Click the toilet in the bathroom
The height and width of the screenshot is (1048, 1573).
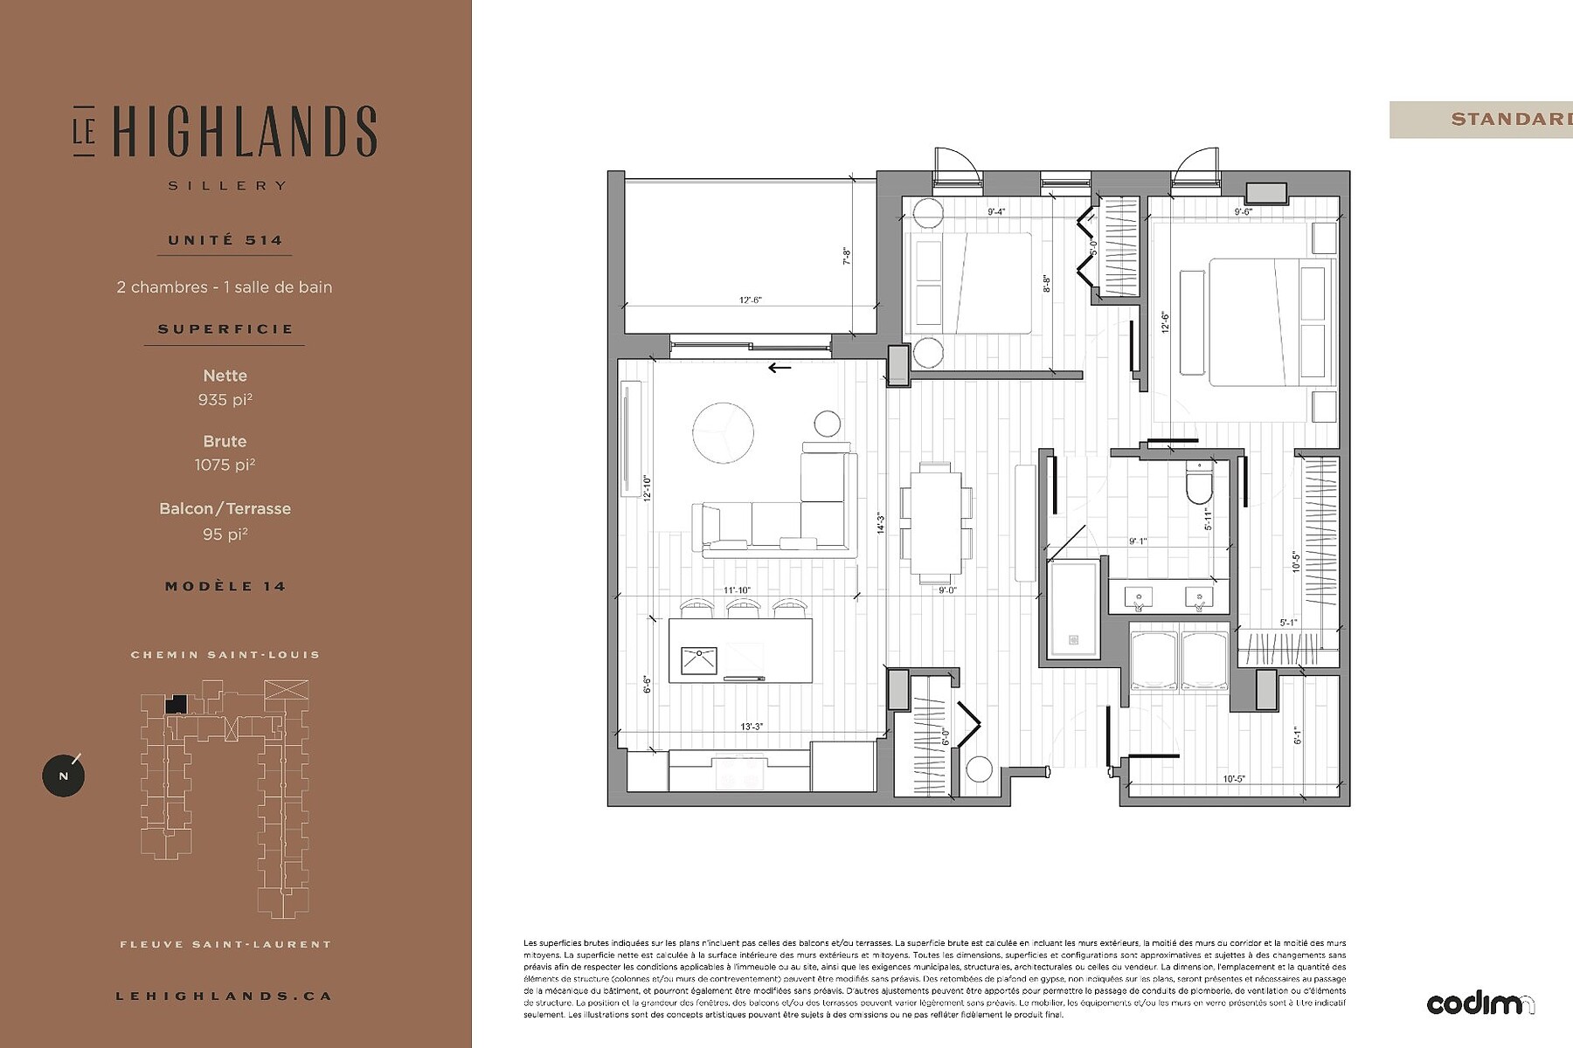coord(1199,484)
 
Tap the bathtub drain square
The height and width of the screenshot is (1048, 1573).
coord(1072,640)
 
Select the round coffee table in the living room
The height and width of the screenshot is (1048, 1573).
coord(723,432)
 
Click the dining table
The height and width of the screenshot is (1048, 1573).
coord(935,521)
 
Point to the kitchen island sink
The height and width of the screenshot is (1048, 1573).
coord(699,660)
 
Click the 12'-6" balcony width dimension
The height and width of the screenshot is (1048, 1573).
coord(750,300)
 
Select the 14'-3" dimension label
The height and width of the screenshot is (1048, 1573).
coord(881,522)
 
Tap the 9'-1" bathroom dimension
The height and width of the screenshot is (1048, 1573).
coord(1137,541)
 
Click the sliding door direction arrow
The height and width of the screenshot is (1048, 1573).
coord(779,368)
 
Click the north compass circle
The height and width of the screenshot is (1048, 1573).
coord(64,776)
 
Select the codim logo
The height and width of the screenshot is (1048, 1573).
coord(1479,1004)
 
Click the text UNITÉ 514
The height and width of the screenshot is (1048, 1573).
coord(225,240)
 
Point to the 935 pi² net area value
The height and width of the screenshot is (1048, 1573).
coord(225,400)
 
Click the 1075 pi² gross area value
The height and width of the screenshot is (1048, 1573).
coord(225,465)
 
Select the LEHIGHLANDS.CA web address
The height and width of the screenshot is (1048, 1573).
coord(224,996)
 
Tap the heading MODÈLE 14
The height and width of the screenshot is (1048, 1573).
coord(225,586)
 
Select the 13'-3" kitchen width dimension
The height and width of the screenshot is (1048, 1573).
coord(751,727)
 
